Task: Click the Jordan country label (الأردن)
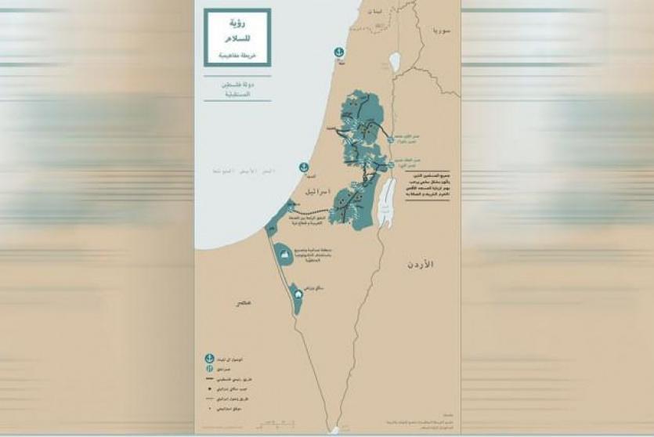(420, 266)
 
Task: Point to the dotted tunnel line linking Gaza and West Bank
(310, 211)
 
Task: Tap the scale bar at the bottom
(333, 430)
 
